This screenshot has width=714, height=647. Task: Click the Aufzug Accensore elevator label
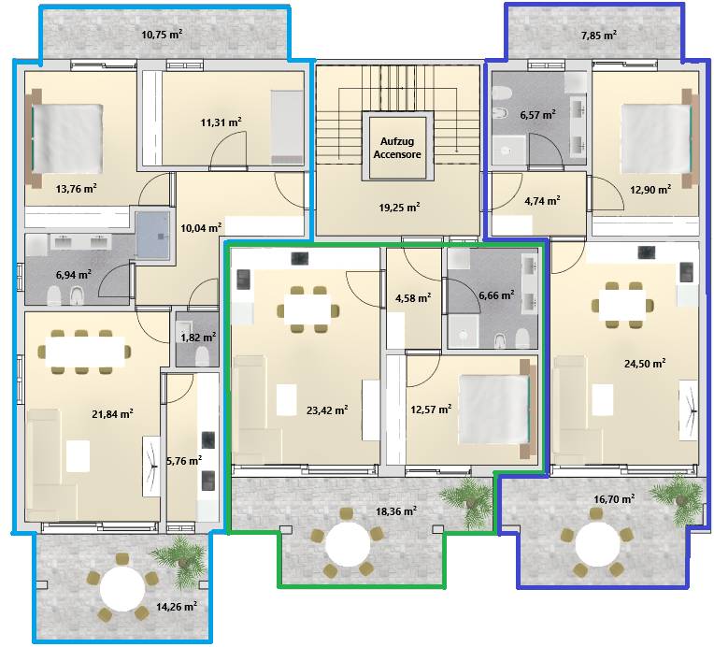[397, 148]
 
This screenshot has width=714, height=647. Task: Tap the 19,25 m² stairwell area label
[399, 208]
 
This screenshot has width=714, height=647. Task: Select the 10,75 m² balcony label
[162, 35]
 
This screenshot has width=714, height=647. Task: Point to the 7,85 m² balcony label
[599, 35]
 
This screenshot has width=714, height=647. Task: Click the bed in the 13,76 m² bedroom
[67, 138]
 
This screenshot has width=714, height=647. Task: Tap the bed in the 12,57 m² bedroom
[495, 409]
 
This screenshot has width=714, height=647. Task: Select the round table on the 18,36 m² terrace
[348, 544]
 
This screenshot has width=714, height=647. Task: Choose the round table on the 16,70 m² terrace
[597, 544]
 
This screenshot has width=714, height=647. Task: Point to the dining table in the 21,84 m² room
[85, 352]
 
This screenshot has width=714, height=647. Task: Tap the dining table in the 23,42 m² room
[307, 309]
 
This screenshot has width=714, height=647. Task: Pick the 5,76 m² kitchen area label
[184, 461]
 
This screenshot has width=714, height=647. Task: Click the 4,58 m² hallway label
[413, 298]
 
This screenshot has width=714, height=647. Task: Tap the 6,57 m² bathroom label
[537, 114]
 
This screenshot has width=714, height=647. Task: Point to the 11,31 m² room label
[221, 122]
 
